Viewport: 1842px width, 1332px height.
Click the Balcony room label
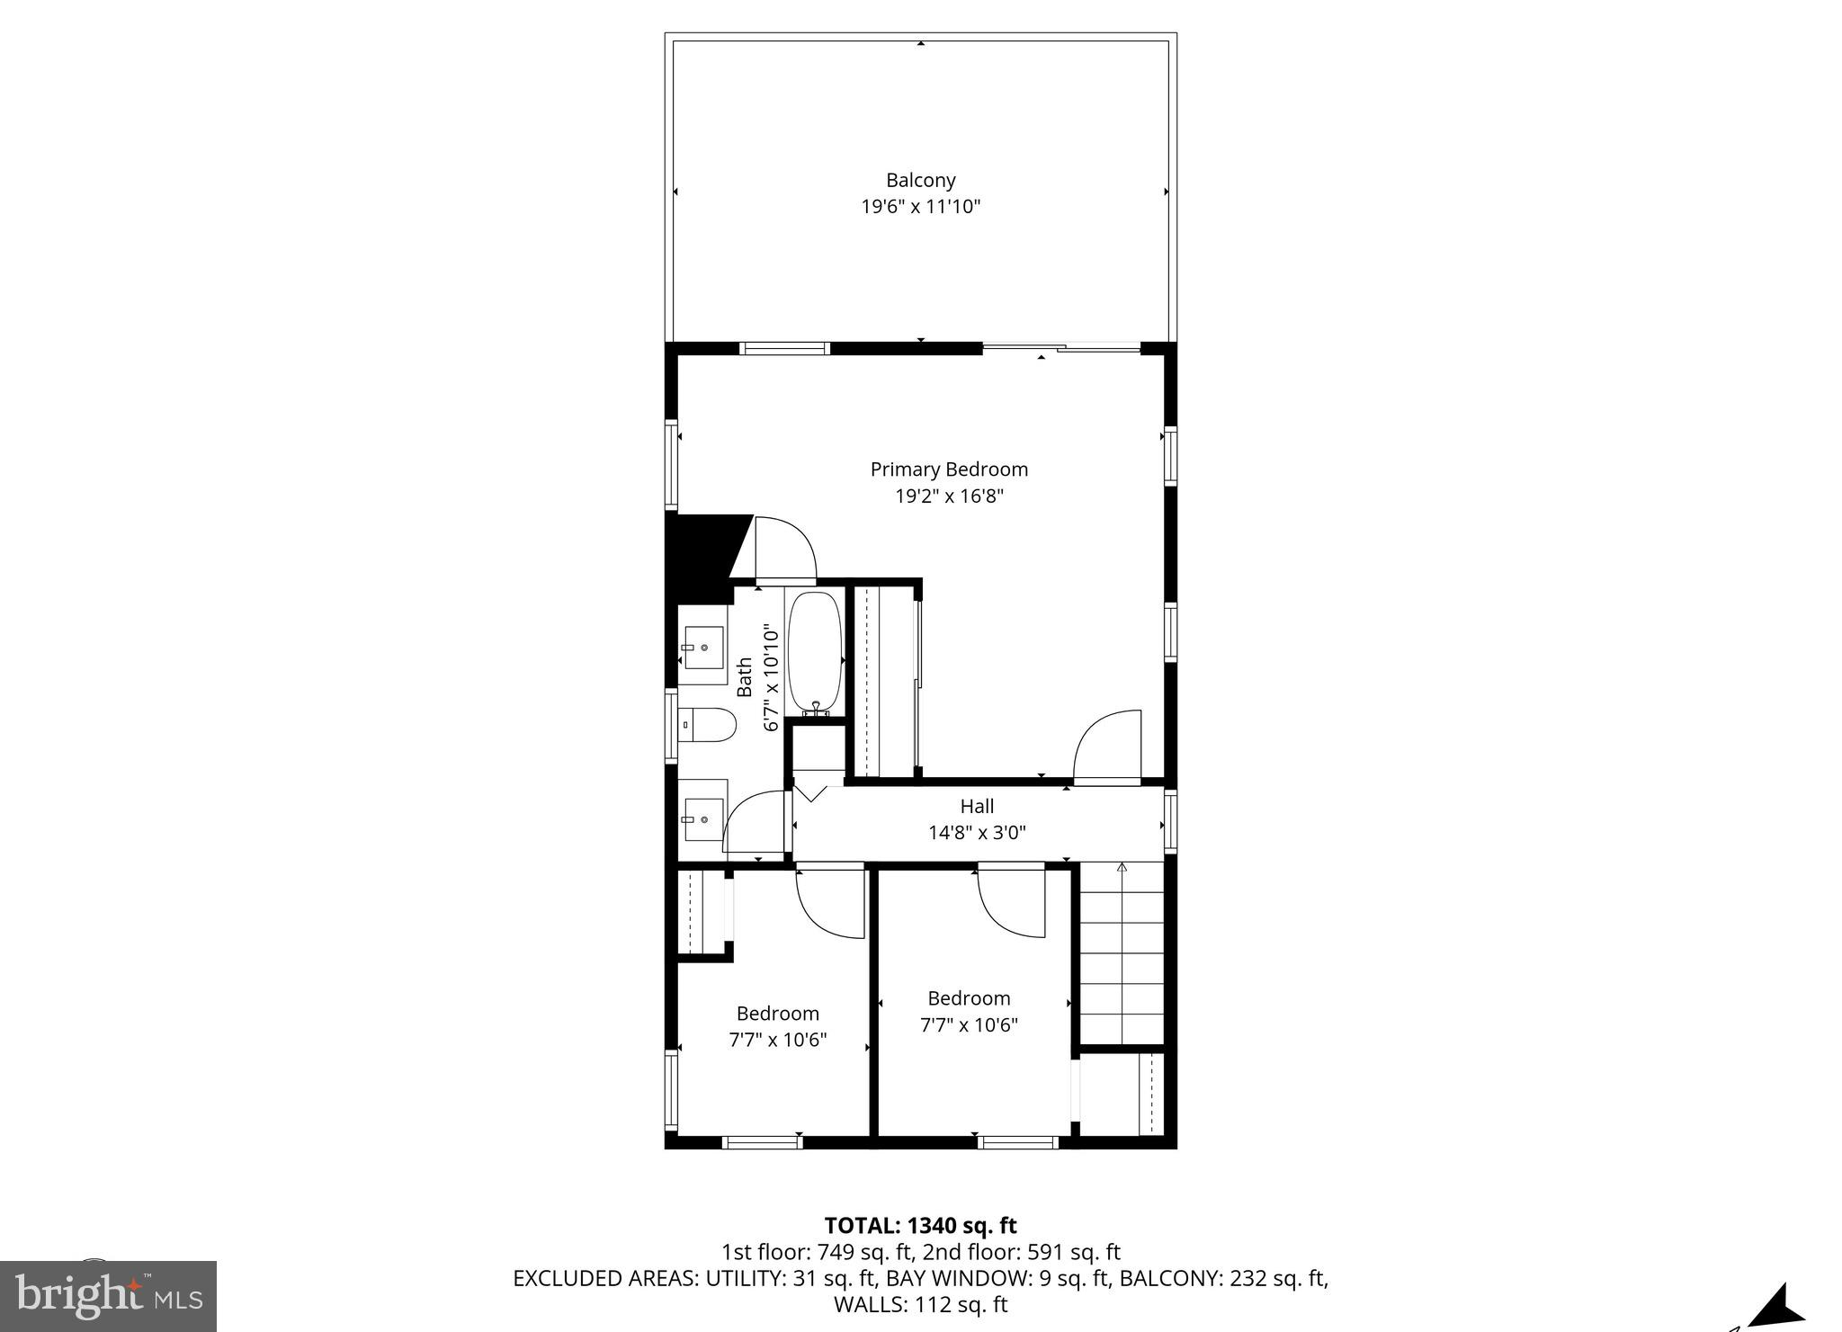point(920,180)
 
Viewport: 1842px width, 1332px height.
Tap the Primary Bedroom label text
point(949,469)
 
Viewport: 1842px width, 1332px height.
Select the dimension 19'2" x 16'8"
point(949,496)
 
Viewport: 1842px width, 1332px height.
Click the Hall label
point(977,806)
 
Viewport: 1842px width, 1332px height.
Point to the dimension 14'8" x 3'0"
point(977,833)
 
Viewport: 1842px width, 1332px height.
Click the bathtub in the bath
point(815,651)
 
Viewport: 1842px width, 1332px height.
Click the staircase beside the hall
point(1122,953)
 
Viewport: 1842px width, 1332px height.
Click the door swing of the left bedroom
point(829,902)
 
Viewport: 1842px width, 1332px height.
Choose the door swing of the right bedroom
point(1011,899)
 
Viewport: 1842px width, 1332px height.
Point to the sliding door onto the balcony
point(1060,347)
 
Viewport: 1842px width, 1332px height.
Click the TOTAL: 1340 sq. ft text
point(920,1225)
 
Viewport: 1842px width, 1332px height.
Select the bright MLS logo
point(108,1296)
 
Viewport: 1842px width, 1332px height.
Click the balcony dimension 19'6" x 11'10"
point(920,207)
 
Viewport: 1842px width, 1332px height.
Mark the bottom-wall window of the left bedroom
point(762,1142)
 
